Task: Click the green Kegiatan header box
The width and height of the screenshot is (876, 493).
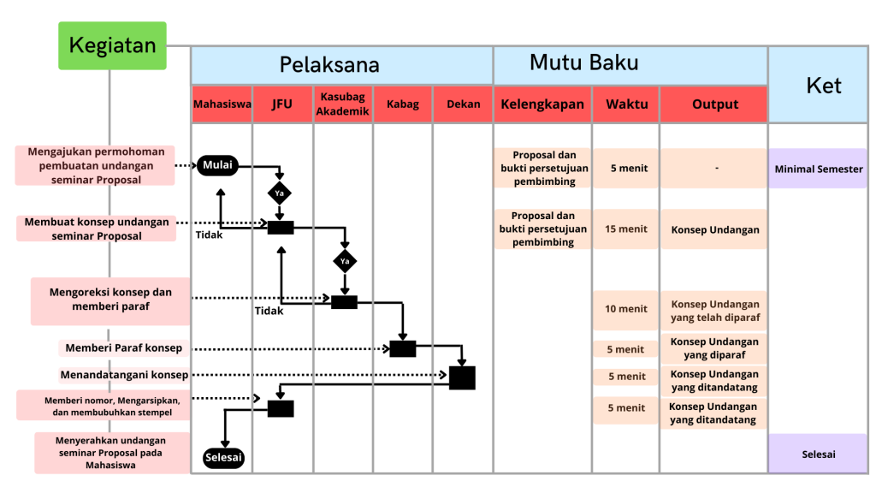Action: tap(112, 46)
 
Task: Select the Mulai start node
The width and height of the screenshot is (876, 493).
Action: tap(217, 165)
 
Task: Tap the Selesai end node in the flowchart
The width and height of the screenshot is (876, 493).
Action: tap(224, 458)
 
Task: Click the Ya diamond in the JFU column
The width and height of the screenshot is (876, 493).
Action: tap(279, 192)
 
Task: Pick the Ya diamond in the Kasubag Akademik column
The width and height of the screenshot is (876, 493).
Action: tap(345, 260)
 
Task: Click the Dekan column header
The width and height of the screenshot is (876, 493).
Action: tap(463, 104)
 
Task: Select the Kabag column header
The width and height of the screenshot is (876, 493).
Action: tap(403, 104)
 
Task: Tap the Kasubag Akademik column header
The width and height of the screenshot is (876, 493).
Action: tap(343, 104)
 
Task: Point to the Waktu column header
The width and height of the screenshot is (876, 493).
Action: tap(626, 104)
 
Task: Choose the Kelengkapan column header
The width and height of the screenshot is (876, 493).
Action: tap(542, 104)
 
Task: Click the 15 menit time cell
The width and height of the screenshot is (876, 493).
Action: tap(626, 229)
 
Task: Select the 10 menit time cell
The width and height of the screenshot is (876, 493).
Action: tap(626, 309)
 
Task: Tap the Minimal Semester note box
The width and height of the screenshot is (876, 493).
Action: tap(819, 169)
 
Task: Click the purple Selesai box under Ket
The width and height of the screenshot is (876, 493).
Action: tap(819, 454)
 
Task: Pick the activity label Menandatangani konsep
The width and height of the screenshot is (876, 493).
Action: tap(124, 375)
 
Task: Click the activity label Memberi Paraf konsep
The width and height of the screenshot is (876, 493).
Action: tap(124, 348)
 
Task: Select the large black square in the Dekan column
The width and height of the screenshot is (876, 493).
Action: tap(462, 377)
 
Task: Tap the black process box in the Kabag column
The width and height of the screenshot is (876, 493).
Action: tap(403, 348)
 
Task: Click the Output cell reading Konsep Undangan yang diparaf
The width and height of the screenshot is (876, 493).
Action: tap(714, 348)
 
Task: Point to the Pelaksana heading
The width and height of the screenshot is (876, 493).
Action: tap(329, 65)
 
